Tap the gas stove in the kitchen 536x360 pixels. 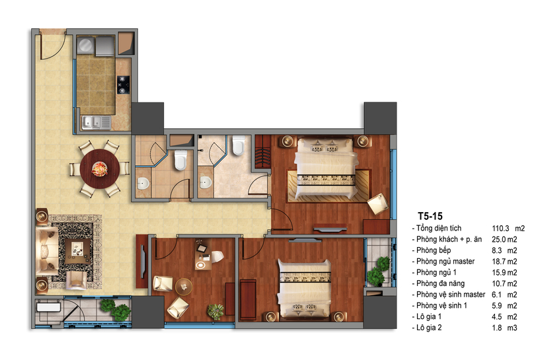coord(123,85)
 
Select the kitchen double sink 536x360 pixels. coord(96,123)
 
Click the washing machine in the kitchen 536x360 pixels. coord(85,45)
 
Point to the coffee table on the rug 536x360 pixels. coord(78,251)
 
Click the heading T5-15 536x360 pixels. coord(430,216)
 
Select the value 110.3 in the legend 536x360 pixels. coord(500,228)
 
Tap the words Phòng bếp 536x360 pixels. coord(433,250)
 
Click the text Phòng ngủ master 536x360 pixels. coord(445,262)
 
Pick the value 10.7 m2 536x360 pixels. coord(504,283)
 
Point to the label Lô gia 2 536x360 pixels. coord(429,328)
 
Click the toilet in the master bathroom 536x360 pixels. coord(239,145)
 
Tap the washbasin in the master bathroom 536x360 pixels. coord(206,182)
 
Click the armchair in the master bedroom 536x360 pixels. coord(378,203)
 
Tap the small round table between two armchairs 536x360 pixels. coord(184,286)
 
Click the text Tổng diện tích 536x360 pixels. coord(439,228)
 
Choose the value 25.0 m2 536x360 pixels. coord(504,239)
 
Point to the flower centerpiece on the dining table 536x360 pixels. coord(100,168)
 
